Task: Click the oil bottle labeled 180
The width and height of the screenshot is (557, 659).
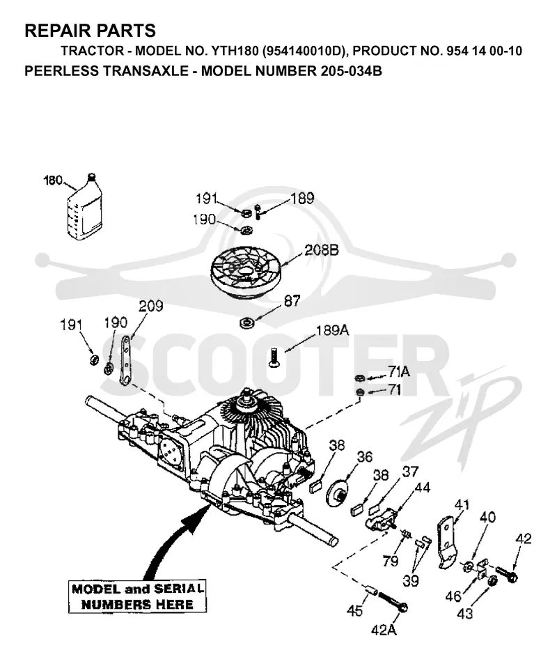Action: (x=84, y=208)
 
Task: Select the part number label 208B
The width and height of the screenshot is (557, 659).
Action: (x=322, y=250)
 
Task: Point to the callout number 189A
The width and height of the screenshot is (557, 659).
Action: (x=332, y=330)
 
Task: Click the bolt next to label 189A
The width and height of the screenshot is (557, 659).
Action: (x=273, y=357)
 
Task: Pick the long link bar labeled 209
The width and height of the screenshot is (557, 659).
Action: (x=125, y=360)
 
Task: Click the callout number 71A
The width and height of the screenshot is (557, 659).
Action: (x=399, y=371)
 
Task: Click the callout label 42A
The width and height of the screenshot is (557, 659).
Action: (x=384, y=630)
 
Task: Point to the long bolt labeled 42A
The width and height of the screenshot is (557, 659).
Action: (x=392, y=602)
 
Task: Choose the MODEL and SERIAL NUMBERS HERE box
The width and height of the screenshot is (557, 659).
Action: (x=137, y=596)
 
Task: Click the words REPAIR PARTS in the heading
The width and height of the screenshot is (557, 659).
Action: (x=91, y=31)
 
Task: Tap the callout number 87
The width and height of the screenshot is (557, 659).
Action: (x=292, y=300)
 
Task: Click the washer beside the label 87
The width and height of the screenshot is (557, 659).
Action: (x=246, y=323)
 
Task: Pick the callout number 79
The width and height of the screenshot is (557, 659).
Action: (x=391, y=561)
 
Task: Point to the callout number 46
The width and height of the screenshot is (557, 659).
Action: (x=453, y=596)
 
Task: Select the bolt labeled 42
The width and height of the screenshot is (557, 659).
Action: (x=507, y=574)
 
